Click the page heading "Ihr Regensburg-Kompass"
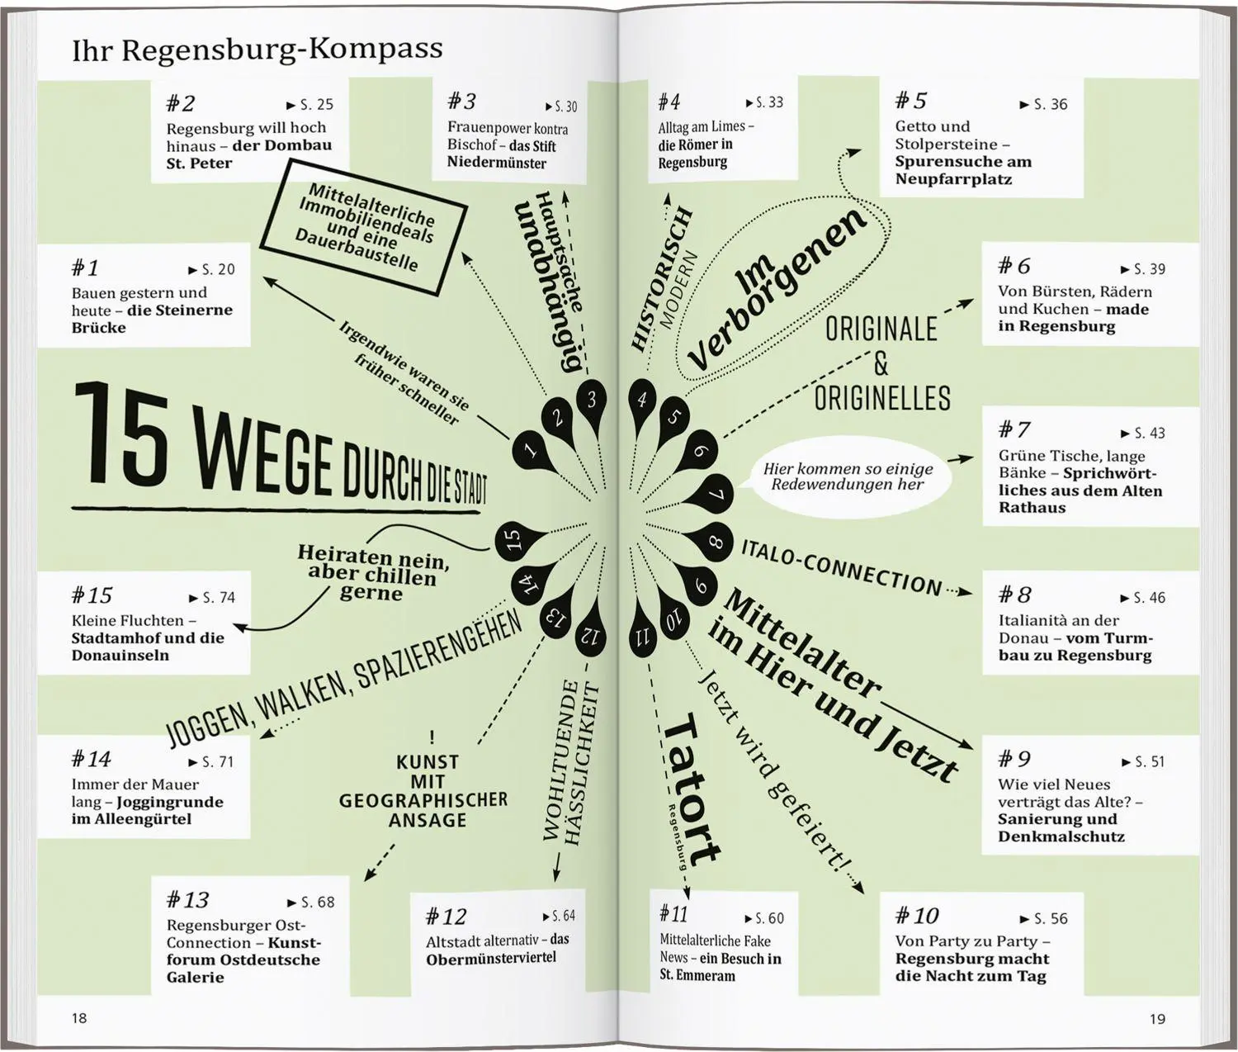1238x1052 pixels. (x=257, y=50)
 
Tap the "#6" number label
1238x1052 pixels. (x=1014, y=266)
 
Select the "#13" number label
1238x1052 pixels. (x=187, y=900)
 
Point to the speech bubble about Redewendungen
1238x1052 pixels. (x=848, y=476)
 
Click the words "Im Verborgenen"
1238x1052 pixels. (x=777, y=287)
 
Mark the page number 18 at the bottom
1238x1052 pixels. (x=79, y=1018)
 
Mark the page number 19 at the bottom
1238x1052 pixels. (x=1157, y=1018)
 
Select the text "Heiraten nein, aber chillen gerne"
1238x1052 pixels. (x=372, y=572)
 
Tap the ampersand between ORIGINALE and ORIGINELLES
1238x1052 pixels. (x=881, y=363)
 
